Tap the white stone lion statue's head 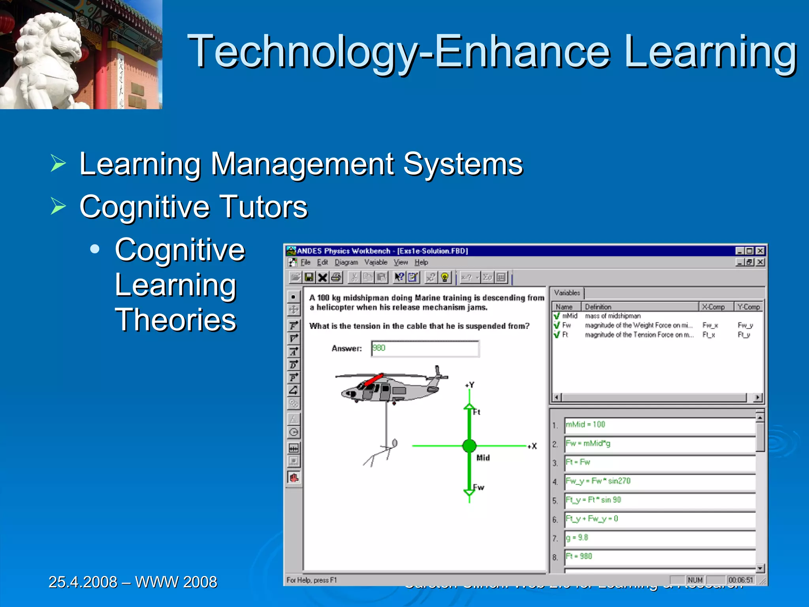click(x=51, y=40)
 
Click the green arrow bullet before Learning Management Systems click(x=58, y=163)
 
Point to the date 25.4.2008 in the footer click(x=83, y=582)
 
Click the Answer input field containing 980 click(x=425, y=349)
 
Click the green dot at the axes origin click(x=469, y=446)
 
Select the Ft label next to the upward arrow click(x=477, y=412)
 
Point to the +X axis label click(x=533, y=446)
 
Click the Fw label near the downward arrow click(x=479, y=487)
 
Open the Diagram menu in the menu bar click(x=346, y=262)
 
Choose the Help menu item click(x=421, y=262)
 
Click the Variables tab click(x=567, y=293)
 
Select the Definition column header click(x=598, y=307)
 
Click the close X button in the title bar click(x=760, y=251)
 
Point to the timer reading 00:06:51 click(x=741, y=580)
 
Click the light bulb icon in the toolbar click(x=445, y=277)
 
